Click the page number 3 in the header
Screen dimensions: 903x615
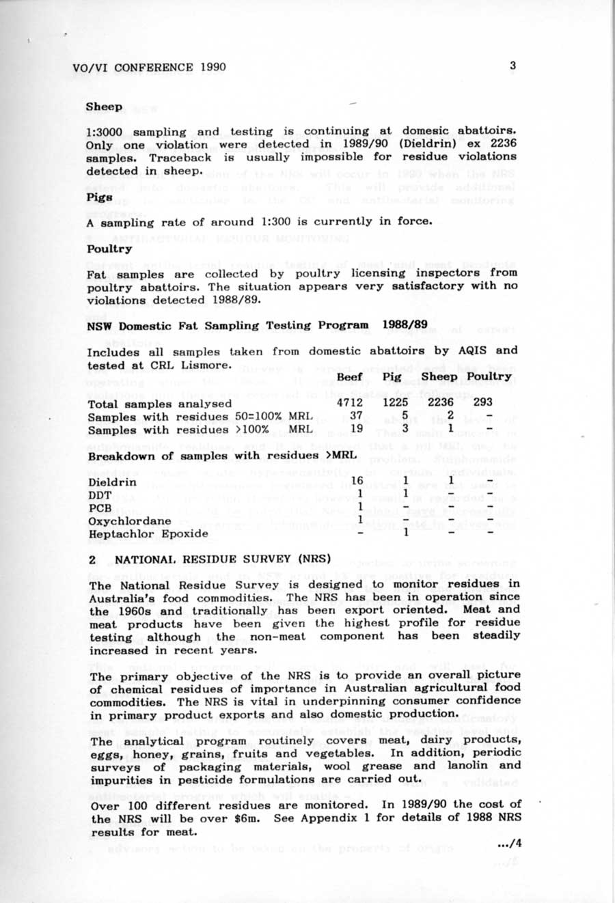click(x=512, y=66)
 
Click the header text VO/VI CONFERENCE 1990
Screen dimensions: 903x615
click(x=149, y=67)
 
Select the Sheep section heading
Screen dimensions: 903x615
click(x=105, y=107)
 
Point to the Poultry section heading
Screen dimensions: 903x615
click(x=109, y=249)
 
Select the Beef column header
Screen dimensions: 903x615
click(x=350, y=377)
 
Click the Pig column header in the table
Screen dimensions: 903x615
click(x=392, y=377)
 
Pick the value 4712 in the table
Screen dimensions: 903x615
click(x=350, y=403)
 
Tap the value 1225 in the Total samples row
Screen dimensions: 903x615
click(x=395, y=403)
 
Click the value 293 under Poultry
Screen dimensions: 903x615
click(x=482, y=402)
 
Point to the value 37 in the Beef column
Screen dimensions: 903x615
click(x=356, y=416)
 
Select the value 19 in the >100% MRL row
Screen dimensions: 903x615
click(x=356, y=429)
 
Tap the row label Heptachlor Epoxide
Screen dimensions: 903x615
click(x=148, y=533)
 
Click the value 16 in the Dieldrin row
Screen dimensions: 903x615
click(x=357, y=482)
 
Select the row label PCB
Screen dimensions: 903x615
click(x=100, y=508)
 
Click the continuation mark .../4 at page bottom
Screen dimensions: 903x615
click(x=510, y=844)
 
